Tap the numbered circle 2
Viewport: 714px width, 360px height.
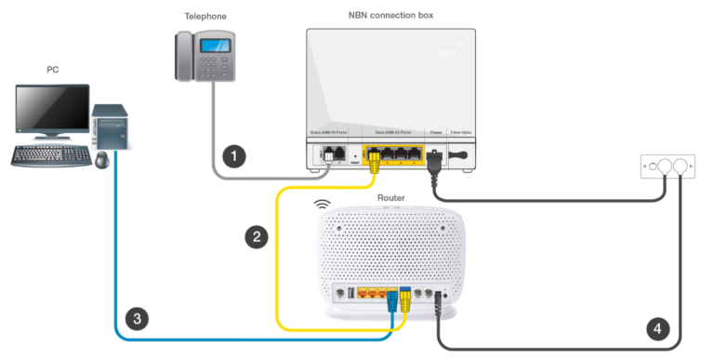(x=258, y=236)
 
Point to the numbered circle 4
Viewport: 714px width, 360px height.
(x=657, y=328)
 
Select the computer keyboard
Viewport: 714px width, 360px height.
(x=50, y=153)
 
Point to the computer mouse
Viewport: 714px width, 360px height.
(x=101, y=160)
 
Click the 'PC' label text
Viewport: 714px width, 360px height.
(x=53, y=69)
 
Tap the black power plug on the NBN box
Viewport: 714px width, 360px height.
(x=430, y=158)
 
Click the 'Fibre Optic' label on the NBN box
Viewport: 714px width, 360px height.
(x=461, y=134)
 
